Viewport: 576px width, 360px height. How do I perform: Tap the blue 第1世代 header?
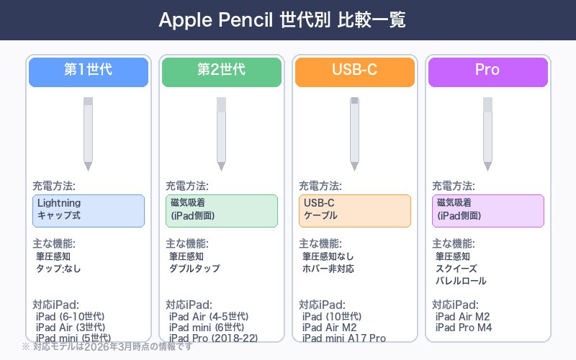(x=89, y=71)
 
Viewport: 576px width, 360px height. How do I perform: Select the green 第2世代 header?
(x=221, y=71)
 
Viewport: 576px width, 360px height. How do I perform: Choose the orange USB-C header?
(x=354, y=71)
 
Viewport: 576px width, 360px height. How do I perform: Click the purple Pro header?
(x=487, y=71)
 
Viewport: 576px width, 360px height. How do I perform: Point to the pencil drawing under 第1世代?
(x=89, y=133)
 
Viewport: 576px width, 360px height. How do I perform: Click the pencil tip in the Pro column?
(x=487, y=166)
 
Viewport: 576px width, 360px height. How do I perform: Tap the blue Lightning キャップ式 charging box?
(x=89, y=210)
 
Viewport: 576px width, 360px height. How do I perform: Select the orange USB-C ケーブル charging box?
(x=354, y=210)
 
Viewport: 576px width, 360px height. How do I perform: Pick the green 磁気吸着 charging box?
(x=221, y=210)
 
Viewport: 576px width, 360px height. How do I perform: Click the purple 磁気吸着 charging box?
(x=487, y=210)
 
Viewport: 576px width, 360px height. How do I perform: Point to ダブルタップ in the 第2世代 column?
(x=194, y=269)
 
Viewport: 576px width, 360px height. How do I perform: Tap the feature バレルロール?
(x=462, y=281)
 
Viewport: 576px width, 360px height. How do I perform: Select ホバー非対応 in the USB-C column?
(x=328, y=269)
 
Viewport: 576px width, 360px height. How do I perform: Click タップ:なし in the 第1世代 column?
(x=59, y=269)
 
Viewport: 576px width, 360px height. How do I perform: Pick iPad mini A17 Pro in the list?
(x=344, y=338)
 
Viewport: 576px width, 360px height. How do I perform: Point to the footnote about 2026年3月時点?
(x=108, y=347)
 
